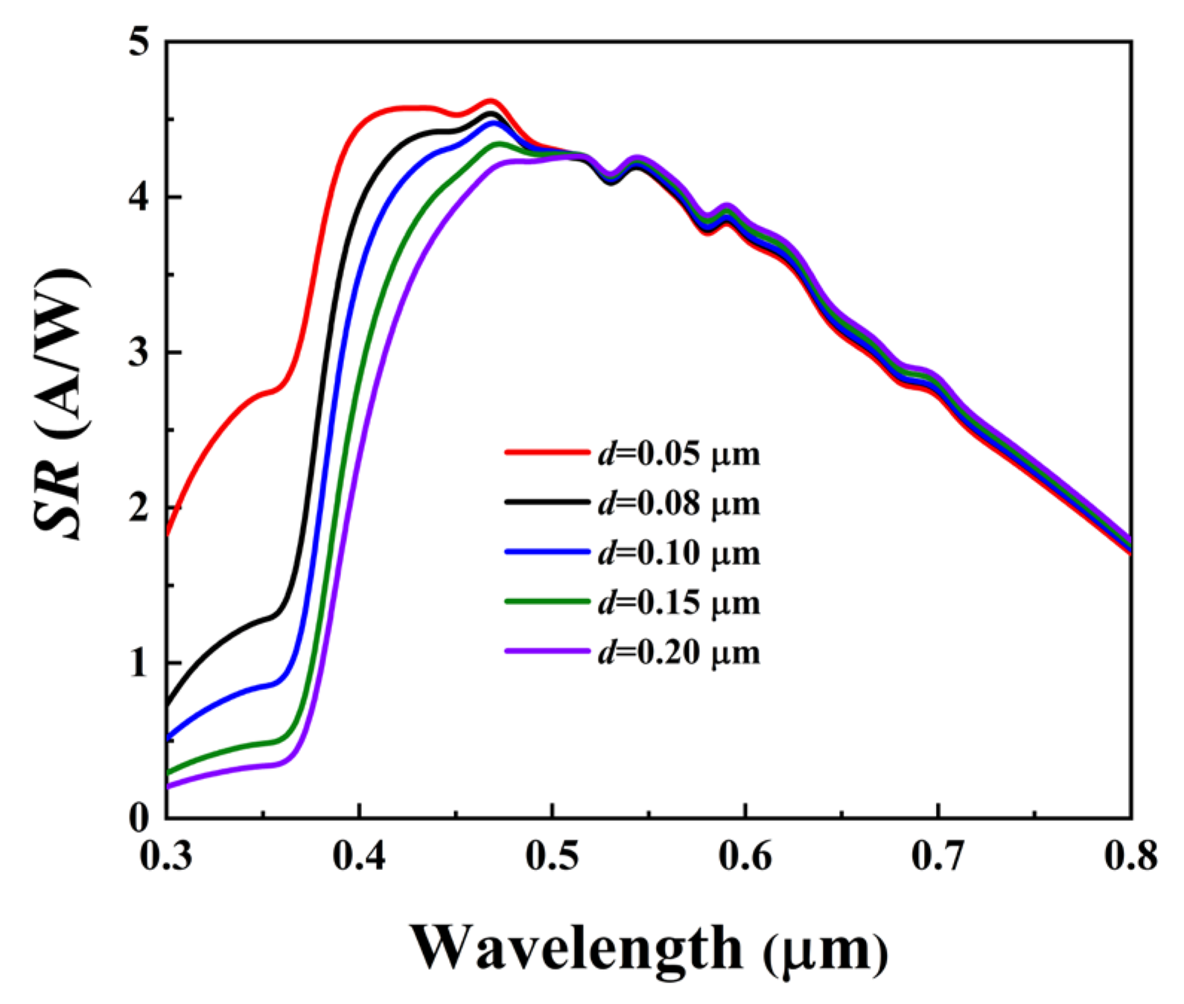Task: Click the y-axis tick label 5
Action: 139,43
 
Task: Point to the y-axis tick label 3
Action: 139,353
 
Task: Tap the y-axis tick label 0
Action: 139,819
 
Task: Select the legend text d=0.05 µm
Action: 678,453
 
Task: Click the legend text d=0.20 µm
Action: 678,652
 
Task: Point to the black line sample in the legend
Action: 547,502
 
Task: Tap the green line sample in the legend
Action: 547,601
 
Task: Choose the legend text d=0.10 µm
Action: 678,553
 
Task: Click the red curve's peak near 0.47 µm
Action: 490,100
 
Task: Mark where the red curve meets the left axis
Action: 168,531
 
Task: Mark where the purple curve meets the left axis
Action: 168,786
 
